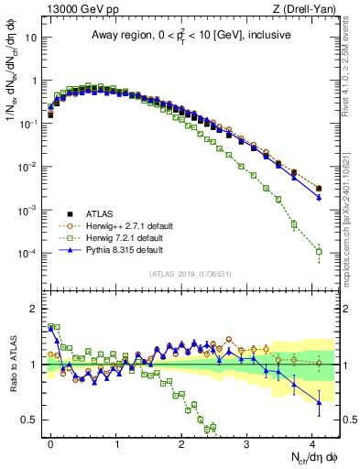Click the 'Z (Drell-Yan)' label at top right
tap(306, 9)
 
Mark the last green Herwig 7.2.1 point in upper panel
tap(319, 251)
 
